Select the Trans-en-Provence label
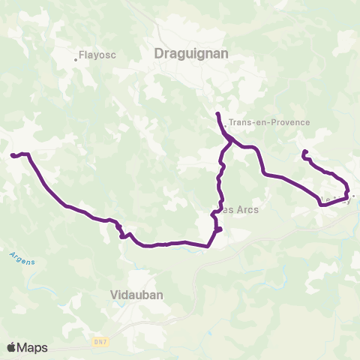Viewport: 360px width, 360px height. [x=268, y=122]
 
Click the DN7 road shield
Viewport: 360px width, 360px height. [x=99, y=341]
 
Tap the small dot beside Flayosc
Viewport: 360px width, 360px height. [x=76, y=59]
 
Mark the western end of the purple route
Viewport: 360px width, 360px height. [x=12, y=155]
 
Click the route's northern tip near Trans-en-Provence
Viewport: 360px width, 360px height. [x=217, y=113]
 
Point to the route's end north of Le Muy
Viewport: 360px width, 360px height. [x=304, y=152]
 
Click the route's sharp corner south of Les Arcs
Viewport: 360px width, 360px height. [x=208, y=245]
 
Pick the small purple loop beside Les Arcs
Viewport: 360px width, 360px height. [x=217, y=229]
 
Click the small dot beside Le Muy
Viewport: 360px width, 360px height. [x=353, y=196]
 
